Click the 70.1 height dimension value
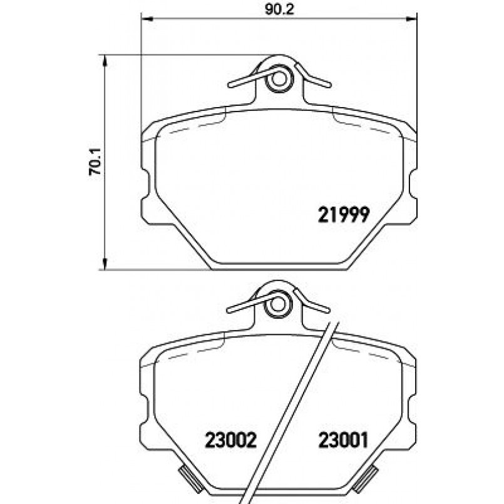(x=95, y=162)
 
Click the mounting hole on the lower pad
(x=277, y=307)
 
